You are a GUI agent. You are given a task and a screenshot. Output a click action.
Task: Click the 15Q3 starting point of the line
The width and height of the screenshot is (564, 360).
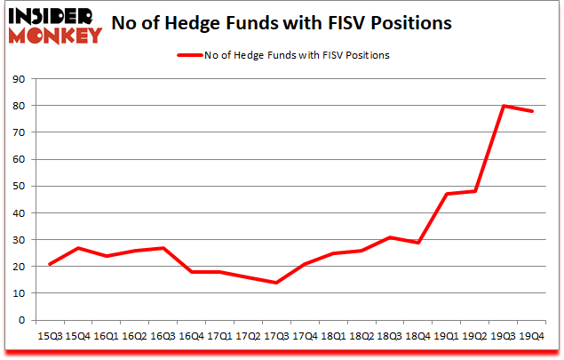(x=50, y=264)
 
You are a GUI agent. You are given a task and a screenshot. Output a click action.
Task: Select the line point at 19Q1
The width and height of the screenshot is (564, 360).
(x=446, y=194)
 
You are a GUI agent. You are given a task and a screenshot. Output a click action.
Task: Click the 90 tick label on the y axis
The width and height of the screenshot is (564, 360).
(x=20, y=79)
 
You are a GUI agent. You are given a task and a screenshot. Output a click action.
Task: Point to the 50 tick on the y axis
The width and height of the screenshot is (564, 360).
(x=20, y=186)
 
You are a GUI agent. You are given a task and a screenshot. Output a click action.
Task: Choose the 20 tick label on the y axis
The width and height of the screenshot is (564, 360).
(x=20, y=267)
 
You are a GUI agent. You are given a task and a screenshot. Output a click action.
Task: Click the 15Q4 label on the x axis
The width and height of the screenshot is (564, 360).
(x=76, y=337)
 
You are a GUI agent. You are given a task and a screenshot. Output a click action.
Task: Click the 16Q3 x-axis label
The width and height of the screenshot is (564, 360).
(x=164, y=337)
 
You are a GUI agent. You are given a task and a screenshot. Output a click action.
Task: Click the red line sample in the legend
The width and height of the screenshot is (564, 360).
(x=190, y=55)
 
